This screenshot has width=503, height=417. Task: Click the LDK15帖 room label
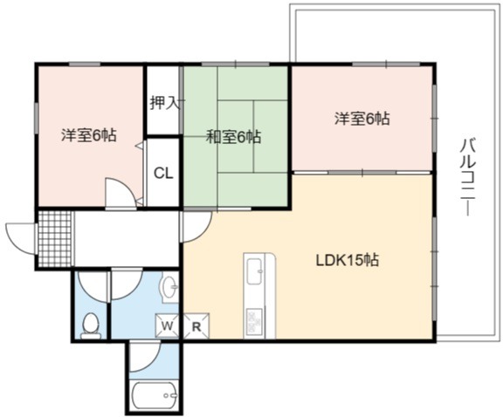click(x=348, y=260)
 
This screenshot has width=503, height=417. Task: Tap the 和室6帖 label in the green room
click(x=233, y=137)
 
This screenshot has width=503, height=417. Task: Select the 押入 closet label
click(x=164, y=103)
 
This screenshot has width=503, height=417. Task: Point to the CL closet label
click(x=163, y=174)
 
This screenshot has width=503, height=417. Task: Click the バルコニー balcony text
click(x=468, y=176)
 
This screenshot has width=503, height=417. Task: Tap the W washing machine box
click(x=167, y=326)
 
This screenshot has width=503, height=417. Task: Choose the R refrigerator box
click(x=196, y=326)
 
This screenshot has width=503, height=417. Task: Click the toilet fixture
click(x=91, y=326)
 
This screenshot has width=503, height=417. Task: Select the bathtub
click(x=155, y=396)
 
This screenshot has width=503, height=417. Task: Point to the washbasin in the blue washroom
click(x=169, y=285)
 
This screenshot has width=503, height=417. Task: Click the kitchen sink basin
click(x=254, y=271)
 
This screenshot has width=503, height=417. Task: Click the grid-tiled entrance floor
click(x=54, y=239)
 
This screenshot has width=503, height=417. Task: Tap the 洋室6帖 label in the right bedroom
click(x=362, y=119)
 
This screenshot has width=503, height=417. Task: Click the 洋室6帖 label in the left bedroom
click(x=89, y=135)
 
